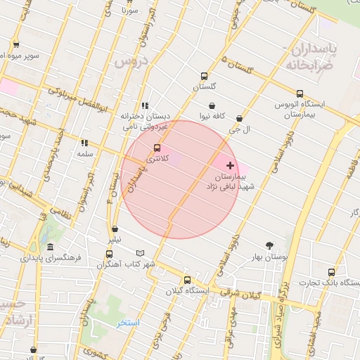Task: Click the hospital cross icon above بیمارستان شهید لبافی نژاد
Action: (230, 165)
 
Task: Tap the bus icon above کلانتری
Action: (157, 148)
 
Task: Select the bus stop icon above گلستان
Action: (205, 76)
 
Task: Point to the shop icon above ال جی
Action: (240, 119)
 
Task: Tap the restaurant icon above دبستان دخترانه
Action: (145, 105)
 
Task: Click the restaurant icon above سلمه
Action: (84, 143)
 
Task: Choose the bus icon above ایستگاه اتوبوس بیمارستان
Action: (300, 94)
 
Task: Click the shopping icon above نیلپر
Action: (115, 229)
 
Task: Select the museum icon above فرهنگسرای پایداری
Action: (50, 247)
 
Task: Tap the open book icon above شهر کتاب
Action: (140, 253)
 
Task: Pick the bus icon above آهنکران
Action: (109, 254)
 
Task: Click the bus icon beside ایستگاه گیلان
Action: (186, 280)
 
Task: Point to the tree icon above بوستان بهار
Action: (270, 245)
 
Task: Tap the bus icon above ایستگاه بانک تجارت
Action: (331, 272)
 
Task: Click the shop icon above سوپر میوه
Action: (15, 45)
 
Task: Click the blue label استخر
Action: (128, 323)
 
